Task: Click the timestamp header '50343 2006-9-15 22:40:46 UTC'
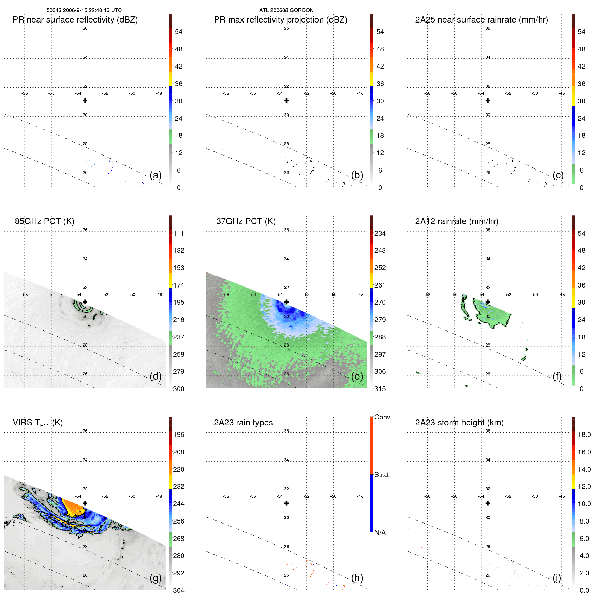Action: pos(84,10)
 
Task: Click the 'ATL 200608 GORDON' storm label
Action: pos(286,10)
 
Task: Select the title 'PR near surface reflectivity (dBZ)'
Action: pos(75,20)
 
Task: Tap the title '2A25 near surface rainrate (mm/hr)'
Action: pos(481,20)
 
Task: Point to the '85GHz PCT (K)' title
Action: pos(44,221)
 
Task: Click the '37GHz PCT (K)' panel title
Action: pos(246,221)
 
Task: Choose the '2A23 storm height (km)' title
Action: pos(459,423)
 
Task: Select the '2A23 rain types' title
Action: pos(243,423)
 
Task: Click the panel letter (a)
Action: pos(156,175)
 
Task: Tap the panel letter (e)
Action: pos(357,377)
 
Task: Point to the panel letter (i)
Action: pos(557,578)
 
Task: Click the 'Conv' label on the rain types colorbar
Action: pos(382,417)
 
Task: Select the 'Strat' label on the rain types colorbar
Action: pos(381,475)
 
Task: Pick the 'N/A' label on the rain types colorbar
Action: pos(380,533)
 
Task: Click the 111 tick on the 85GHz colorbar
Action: pos(179,234)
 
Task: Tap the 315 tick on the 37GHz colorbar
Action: pos(380,389)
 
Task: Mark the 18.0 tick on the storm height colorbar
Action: pos(584,435)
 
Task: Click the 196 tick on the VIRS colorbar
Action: pos(179,435)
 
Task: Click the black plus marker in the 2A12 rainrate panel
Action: pos(488,302)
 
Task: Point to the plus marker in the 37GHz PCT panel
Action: pos(286,302)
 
